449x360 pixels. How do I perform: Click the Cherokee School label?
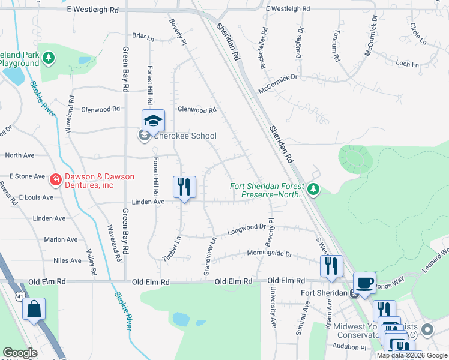tap(185, 136)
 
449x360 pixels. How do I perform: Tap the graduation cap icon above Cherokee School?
tap(153, 121)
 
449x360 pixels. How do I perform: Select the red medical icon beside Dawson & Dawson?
tap(55, 179)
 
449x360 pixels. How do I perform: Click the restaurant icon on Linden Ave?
tap(184, 187)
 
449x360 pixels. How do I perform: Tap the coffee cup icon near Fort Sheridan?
tap(364, 283)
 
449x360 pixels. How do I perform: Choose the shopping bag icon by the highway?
tap(34, 310)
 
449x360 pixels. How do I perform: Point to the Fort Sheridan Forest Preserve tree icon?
tap(313, 190)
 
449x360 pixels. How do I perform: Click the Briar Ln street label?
tap(143, 36)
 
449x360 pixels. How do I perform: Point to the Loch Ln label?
tap(407, 64)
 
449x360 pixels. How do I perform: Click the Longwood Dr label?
tap(246, 227)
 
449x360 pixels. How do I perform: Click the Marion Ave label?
tap(60, 239)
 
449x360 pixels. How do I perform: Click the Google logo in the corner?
tap(20, 353)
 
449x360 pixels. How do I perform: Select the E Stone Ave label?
tap(28, 176)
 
